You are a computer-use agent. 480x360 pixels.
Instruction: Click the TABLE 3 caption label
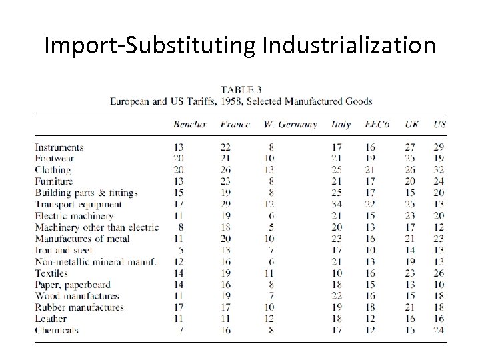tap(241, 89)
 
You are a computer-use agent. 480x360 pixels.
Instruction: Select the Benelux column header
tap(190, 125)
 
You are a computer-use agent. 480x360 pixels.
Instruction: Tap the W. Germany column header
tap(291, 125)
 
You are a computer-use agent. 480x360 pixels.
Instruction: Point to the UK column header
tap(412, 125)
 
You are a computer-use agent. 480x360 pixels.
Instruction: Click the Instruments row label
tap(59, 147)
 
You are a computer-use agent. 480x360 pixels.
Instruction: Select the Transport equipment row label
tap(78, 205)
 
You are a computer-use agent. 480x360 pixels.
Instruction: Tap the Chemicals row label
tap(57, 331)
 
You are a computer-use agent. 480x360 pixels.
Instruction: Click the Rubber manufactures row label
tap(79, 308)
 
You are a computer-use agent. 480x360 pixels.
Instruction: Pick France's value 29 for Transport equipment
tap(227, 205)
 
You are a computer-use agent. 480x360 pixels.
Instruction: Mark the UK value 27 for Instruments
tap(409, 147)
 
